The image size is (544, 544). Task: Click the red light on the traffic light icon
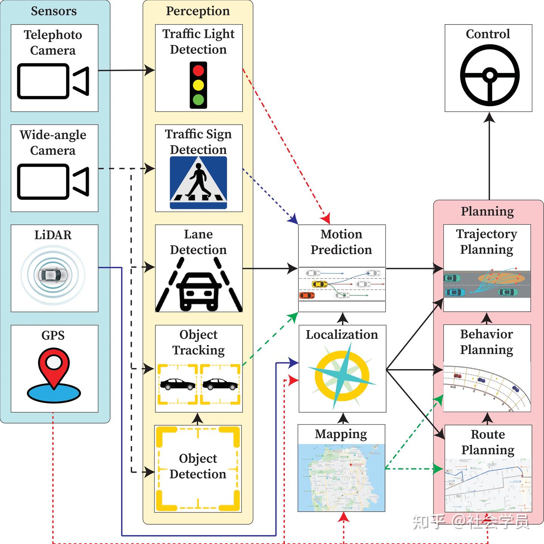[x=198, y=71]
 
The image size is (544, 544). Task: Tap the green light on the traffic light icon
[x=198, y=100]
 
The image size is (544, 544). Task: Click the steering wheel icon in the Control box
[x=490, y=75]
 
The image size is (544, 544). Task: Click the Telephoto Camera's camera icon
[x=53, y=81]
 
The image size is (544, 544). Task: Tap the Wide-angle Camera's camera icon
[x=53, y=181]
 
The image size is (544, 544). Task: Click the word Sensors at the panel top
[x=54, y=11]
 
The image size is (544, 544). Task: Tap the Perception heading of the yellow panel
[x=198, y=11]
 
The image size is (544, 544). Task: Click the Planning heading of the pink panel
[x=487, y=211]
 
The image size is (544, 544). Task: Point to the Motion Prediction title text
[x=341, y=242]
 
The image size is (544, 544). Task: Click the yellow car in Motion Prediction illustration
[x=319, y=284]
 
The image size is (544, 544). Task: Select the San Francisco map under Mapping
[x=341, y=478]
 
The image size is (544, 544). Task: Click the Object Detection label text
[x=198, y=466]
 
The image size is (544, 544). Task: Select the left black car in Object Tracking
[x=178, y=384]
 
